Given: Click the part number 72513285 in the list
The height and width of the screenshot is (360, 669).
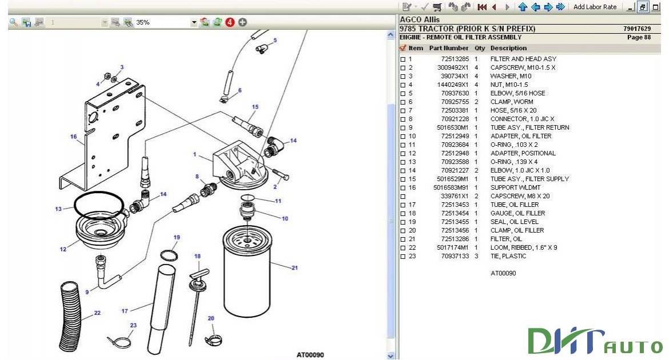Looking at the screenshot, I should pos(455,59).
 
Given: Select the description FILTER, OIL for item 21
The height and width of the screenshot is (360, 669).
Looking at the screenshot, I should pos(506,239).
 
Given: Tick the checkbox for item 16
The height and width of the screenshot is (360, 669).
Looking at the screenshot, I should pos(403,187).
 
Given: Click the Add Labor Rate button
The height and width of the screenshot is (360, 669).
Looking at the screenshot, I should pos(595,7).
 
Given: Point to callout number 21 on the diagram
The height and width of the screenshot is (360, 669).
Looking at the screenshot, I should pos(295,267).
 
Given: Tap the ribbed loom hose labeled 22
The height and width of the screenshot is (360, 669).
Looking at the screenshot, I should pos(73,314).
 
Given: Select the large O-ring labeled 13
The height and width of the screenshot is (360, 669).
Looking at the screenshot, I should pos(98,205).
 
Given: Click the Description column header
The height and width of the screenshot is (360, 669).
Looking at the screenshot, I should pos(508,48).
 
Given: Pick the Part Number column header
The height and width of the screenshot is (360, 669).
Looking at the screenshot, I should pos(448,48).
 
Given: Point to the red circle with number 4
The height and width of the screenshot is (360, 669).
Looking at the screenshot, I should pos(230,22).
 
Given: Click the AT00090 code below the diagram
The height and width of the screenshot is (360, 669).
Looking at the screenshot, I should pos(310,355).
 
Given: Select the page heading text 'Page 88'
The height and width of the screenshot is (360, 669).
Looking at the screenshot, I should pos(639,37).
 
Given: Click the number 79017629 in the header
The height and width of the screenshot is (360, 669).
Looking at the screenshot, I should pos(637,29).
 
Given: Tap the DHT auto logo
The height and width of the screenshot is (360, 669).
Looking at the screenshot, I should pos(595,341).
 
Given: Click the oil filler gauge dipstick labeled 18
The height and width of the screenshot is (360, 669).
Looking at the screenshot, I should pos(197,303).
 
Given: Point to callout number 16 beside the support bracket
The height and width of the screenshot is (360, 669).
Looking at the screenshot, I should pos(73,137).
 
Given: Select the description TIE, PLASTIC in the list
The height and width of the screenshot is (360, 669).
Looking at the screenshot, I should pos(508,256).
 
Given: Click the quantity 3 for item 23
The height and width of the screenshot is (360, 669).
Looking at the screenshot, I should pos(476,256).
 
